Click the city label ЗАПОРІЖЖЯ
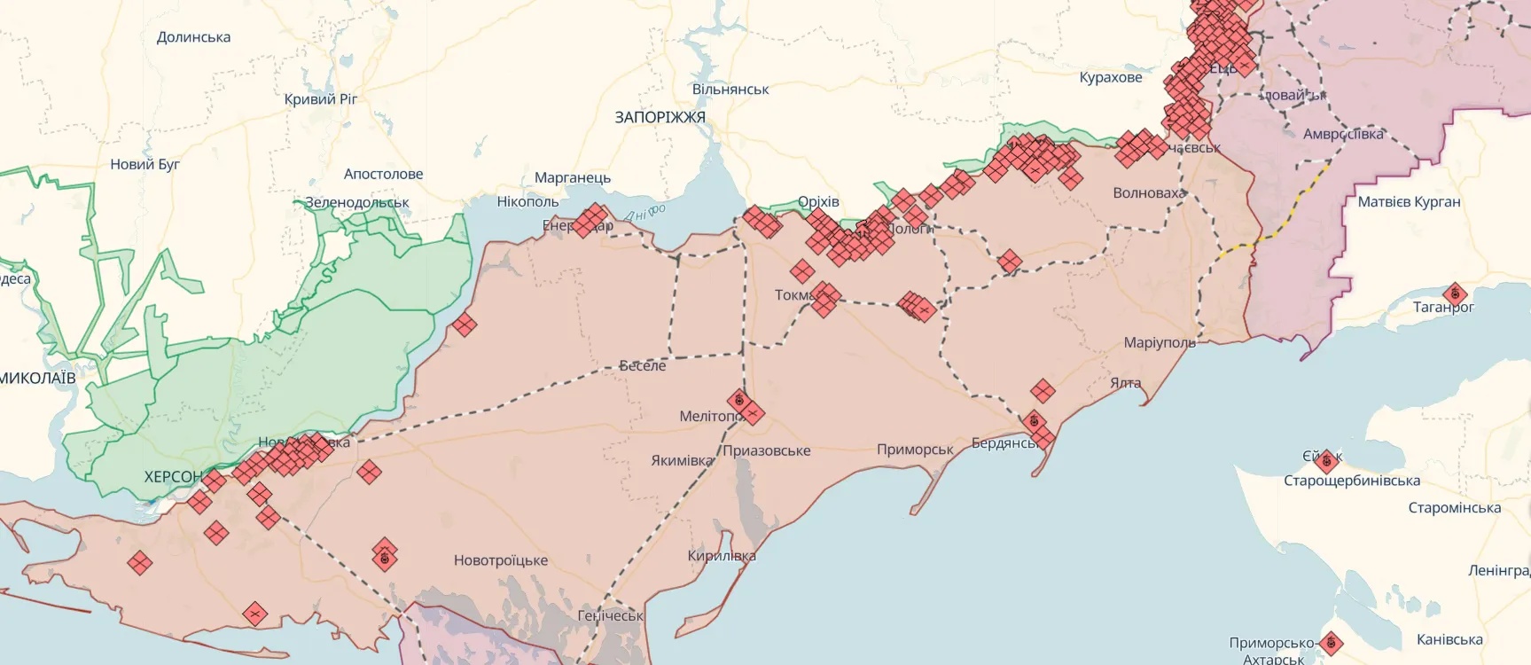[660, 117]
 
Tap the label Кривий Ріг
[320, 98]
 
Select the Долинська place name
[193, 37]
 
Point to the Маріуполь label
[1159, 342]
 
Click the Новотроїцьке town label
[500, 560]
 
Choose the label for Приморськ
[914, 450]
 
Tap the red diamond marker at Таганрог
[1454, 293]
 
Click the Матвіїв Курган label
[1408, 201]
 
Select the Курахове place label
[1110, 77]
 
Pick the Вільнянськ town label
[730, 90]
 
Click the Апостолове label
[383, 174]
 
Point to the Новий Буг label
[145, 164]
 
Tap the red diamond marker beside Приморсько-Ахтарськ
[1330, 643]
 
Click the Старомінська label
[1454, 508]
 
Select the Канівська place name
[1449, 639]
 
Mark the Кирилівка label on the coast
[722, 556]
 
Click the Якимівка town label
[681, 460]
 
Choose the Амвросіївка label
[1342, 134]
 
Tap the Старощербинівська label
[1351, 481]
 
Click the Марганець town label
[572, 177]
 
